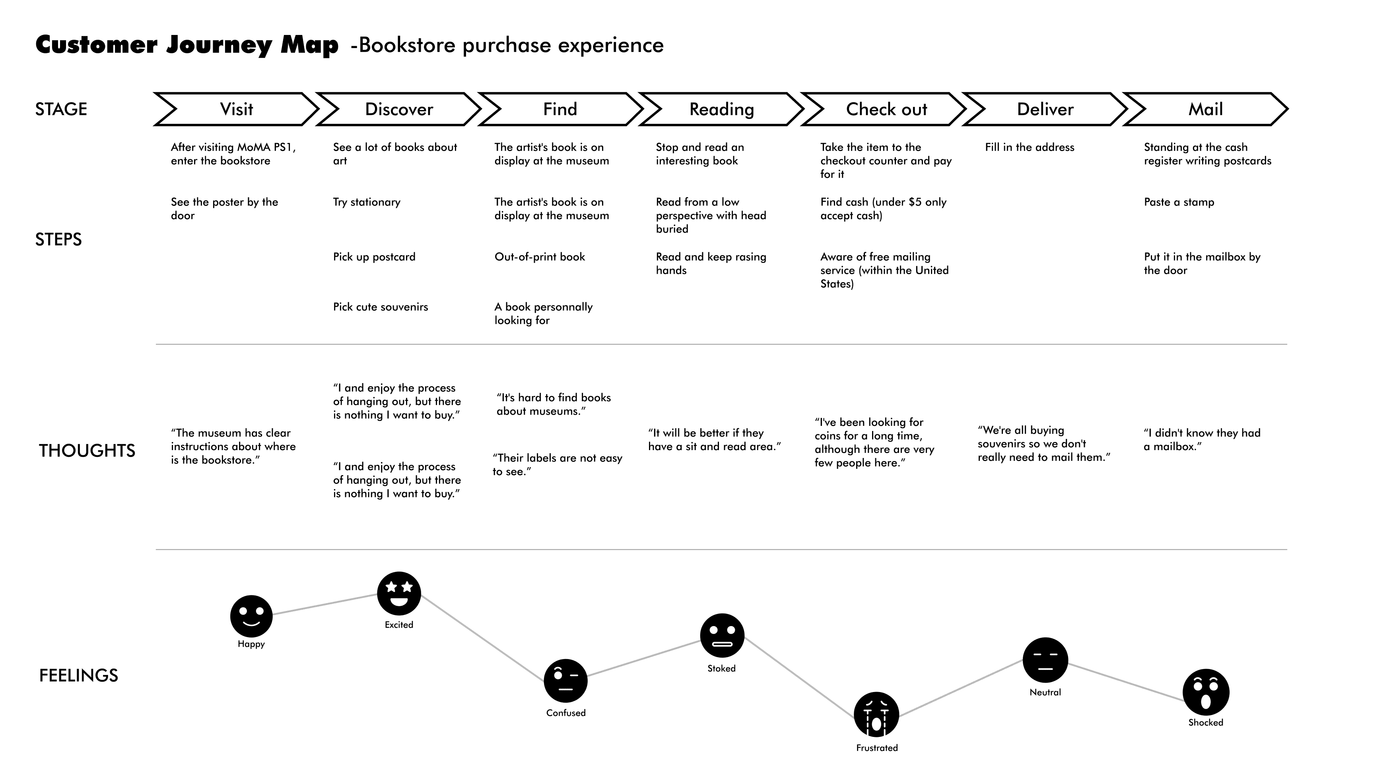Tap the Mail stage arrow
1206,109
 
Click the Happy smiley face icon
251,616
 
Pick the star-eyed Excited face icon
399,594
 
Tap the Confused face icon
565,681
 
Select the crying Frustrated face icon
876,714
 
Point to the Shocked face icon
1206,692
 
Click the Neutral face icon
1045,660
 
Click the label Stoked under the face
721,669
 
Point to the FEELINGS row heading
78,675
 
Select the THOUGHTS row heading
87,450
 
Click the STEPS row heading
58,240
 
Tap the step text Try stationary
367,202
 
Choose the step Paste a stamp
1179,202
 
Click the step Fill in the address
1030,147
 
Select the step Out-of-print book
540,257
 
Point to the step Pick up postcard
374,257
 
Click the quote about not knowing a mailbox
1202,439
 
